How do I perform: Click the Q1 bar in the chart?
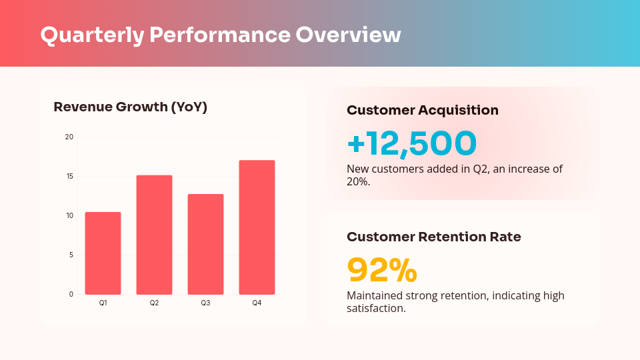103,253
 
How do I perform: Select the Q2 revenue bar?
154,235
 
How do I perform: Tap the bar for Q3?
205,244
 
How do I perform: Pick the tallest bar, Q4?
257,227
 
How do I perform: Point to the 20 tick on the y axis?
69,137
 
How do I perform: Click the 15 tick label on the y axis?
69,177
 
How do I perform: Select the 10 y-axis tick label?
69,215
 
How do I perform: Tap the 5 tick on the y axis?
71,255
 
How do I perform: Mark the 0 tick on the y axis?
71,294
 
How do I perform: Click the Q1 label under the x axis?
103,303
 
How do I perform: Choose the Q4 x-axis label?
257,303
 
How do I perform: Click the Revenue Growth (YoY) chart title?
130,107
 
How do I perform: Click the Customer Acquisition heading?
423,111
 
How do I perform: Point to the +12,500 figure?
412,143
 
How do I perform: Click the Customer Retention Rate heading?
434,237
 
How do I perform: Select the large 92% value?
382,270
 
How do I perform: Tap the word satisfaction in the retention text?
376,308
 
